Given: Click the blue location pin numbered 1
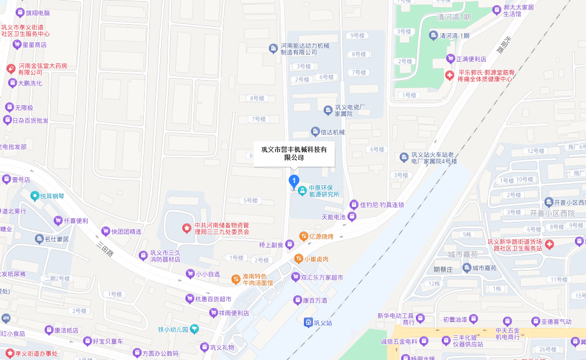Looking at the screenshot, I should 294,181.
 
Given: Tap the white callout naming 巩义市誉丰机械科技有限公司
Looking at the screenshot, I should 294,153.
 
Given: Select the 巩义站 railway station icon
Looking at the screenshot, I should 308,322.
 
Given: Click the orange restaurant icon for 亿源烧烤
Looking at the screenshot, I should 303,236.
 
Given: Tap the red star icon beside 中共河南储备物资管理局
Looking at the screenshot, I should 187,228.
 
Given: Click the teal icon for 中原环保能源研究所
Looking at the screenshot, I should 302,190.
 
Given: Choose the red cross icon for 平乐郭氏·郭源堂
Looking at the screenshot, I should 449,75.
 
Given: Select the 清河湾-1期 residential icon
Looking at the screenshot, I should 434,35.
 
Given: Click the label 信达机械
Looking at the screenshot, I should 332,132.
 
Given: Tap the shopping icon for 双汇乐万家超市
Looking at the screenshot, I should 295,277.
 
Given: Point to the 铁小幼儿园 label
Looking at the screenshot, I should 173,330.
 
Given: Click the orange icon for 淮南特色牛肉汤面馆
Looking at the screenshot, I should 236,279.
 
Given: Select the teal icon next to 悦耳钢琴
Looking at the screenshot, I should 34,195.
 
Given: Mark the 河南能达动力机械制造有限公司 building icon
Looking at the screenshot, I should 274,48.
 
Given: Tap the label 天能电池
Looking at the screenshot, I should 333,217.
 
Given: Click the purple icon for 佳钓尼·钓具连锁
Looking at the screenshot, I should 354,205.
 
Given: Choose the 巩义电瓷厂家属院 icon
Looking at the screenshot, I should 328,110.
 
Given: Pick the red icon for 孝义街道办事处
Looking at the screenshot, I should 10,353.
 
